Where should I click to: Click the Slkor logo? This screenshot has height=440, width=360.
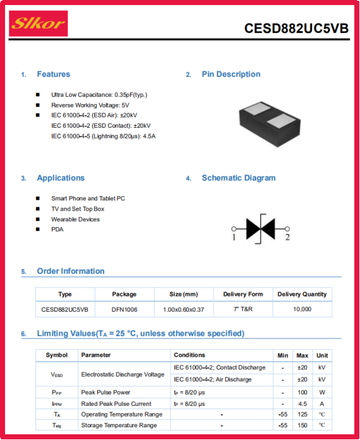tap(39, 23)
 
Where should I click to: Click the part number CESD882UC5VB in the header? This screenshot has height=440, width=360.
tap(296, 28)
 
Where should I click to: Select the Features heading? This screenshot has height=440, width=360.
tap(54, 74)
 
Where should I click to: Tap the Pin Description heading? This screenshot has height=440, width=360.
tap(231, 74)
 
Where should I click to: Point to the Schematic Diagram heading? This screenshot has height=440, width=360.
tap(239, 178)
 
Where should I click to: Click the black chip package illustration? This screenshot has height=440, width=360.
tap(270, 124)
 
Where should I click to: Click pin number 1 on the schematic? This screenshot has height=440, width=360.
tap(234, 238)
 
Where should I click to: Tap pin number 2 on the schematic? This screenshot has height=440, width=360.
tap(287, 238)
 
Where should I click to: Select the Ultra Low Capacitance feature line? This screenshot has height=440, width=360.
tap(99, 95)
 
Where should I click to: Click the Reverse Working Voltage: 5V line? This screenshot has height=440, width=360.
tap(90, 105)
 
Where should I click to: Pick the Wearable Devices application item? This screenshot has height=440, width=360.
tap(75, 219)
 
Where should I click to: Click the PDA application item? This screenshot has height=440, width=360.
tap(57, 229)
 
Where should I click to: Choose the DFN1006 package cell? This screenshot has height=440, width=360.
tap(124, 310)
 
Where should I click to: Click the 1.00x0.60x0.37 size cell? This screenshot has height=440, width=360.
tap(184, 310)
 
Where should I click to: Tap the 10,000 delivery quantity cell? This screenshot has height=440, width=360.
tap(303, 309)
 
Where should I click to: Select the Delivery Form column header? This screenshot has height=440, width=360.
tap(243, 294)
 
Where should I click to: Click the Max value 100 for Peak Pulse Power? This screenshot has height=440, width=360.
tap(303, 393)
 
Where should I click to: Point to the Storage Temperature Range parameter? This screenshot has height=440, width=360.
tap(119, 425)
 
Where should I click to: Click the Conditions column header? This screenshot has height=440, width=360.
tap(189, 355)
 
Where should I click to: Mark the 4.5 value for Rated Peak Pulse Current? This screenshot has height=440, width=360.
tap(303, 404)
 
